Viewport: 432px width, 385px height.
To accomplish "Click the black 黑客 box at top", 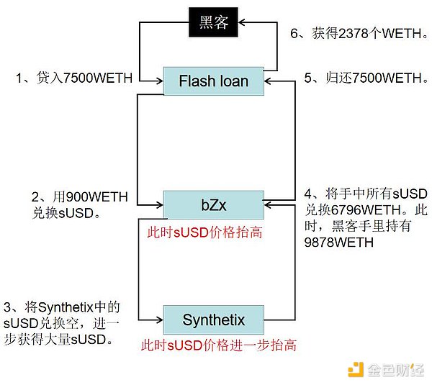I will [213, 23].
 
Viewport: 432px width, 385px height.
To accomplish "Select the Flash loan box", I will [213, 81].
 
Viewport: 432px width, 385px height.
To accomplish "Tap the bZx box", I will [213, 204].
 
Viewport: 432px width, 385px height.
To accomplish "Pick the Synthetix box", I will [213, 320].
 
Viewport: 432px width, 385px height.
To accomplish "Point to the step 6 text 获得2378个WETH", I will [359, 33].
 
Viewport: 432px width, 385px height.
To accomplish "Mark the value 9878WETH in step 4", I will [339, 243].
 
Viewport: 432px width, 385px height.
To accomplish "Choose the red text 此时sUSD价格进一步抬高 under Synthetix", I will [219, 345].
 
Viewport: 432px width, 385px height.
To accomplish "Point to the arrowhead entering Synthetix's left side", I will [159, 320].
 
